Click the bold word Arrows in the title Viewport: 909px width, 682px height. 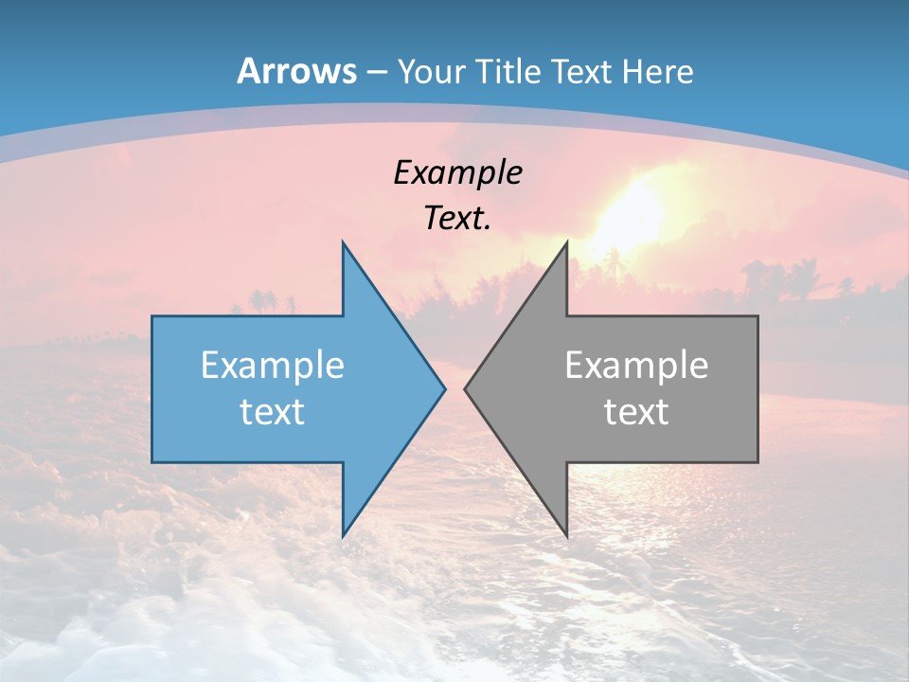[x=296, y=71]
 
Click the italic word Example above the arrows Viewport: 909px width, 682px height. [x=458, y=172]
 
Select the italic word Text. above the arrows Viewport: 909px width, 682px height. [x=458, y=218]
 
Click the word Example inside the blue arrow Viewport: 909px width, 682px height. [x=273, y=365]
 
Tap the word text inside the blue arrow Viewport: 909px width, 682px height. [x=273, y=411]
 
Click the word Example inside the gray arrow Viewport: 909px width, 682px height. [x=636, y=365]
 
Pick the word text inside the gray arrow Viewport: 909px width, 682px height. [x=636, y=411]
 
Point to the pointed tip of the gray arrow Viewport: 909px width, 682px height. [x=466, y=388]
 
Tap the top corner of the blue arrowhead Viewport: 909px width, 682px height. [x=344, y=243]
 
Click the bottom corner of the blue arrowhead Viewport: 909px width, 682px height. [x=344, y=535]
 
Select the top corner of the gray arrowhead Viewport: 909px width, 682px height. [x=565, y=243]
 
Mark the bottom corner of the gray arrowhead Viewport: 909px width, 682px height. [x=565, y=535]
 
